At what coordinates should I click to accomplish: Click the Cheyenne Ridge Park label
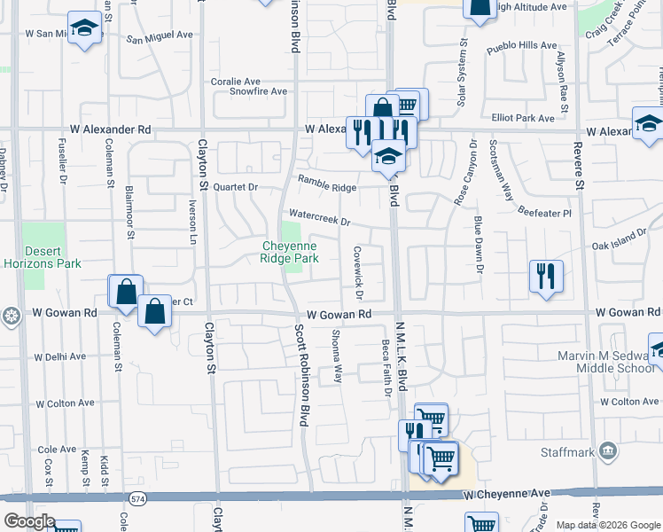[x=289, y=252]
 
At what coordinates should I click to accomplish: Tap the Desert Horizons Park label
[x=53, y=257]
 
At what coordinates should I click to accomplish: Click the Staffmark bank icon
[x=610, y=452]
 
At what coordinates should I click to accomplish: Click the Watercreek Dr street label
[x=319, y=218]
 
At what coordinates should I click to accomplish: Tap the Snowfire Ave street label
[x=259, y=91]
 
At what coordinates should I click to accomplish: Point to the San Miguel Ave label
[x=160, y=39]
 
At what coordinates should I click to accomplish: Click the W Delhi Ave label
[x=60, y=356]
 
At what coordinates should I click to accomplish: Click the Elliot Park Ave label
[x=523, y=118]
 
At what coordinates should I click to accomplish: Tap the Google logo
[x=28, y=522]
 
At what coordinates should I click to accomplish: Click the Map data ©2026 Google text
[x=607, y=525]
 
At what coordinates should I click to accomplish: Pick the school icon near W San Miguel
[x=84, y=28]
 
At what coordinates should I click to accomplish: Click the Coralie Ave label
[x=234, y=81]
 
